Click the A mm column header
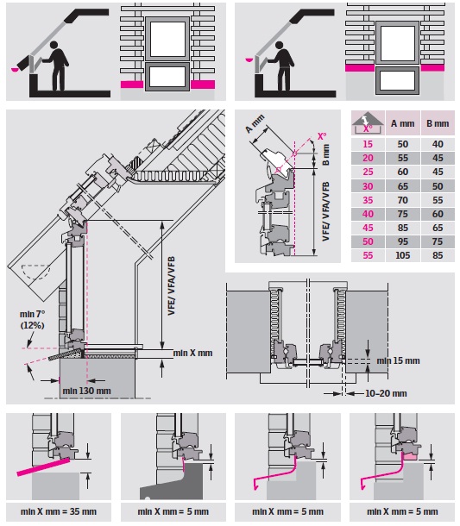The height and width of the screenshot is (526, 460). click(402, 123)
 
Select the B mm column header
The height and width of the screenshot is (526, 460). click(438, 123)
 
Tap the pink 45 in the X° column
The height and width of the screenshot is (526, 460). click(368, 228)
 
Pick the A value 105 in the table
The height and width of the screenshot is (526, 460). click(402, 255)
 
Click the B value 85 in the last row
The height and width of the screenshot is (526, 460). click(438, 255)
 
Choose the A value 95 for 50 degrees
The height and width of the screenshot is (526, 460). click(402, 241)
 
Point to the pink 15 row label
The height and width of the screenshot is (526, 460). click(368, 144)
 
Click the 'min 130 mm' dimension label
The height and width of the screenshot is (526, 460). click(86, 391)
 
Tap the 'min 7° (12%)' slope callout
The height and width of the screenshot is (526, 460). click(32, 320)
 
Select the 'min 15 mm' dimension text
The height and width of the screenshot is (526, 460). click(398, 361)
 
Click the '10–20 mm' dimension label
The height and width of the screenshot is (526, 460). click(386, 393)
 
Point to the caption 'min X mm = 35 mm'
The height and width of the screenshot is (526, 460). click(59, 511)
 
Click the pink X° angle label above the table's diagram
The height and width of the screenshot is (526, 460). click(322, 136)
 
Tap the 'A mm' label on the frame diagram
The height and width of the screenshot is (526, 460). click(255, 123)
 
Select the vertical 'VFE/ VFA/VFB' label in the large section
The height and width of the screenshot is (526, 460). click(171, 285)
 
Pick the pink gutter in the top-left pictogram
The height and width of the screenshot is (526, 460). click(16, 70)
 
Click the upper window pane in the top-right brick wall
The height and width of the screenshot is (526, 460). click(398, 42)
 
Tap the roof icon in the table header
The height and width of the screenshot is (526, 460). click(368, 122)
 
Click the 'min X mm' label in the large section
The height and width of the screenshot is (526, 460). click(192, 353)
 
